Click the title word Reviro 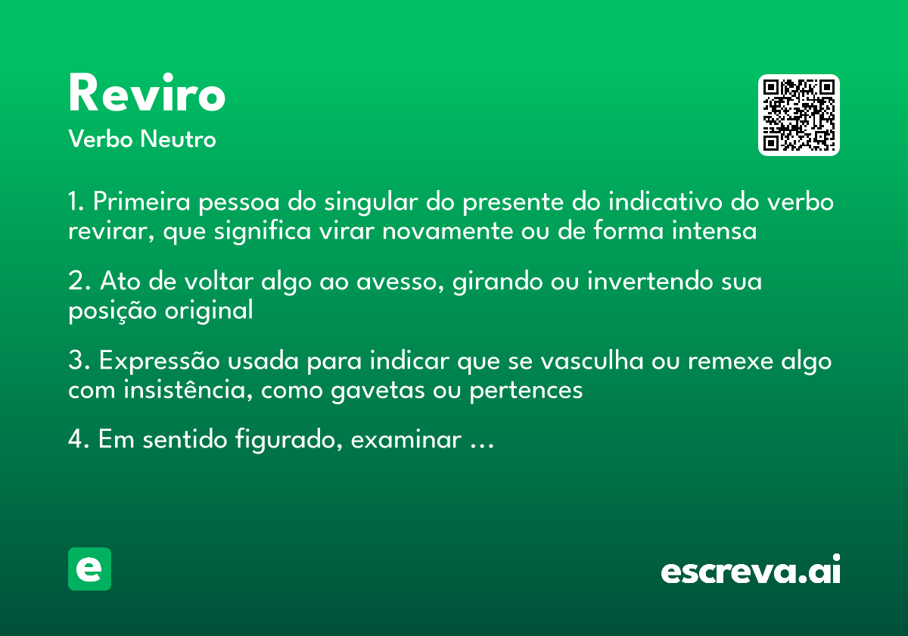147,95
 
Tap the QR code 799,115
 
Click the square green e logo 89,569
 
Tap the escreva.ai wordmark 750,570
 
